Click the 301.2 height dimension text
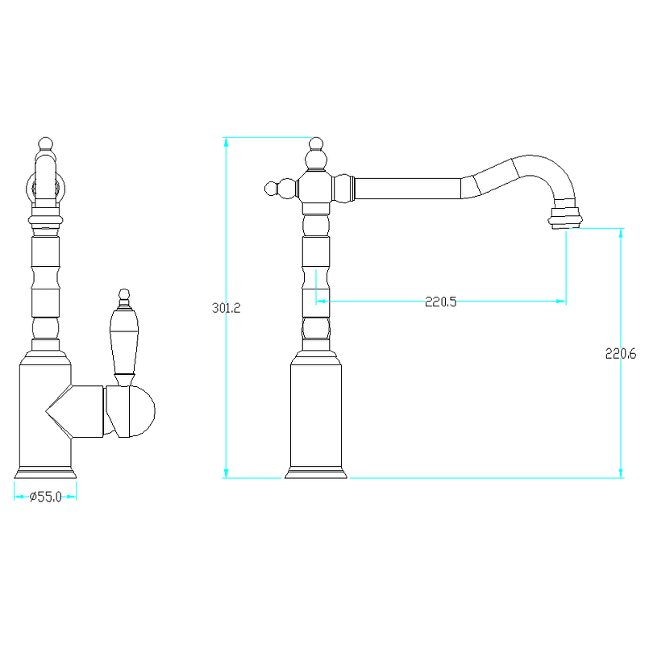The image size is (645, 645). coord(226,308)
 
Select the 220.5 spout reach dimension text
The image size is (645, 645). coord(440,302)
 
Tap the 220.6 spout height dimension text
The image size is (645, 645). coord(621,353)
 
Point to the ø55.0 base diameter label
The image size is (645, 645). coord(45,497)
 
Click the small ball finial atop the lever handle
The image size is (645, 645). coord(124,293)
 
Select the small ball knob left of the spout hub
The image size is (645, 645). coord(271,189)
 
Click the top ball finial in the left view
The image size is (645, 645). coord(46,144)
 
